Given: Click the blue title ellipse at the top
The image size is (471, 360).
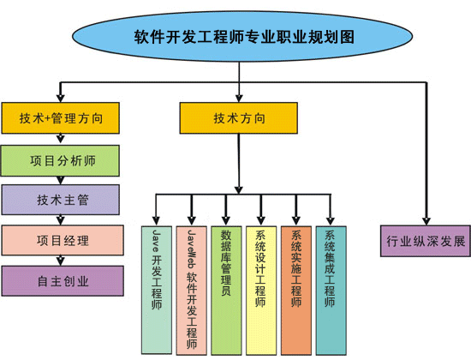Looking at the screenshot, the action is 242,36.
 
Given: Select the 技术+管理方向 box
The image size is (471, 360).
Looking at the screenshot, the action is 61,118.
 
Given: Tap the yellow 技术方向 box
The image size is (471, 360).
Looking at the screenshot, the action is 239,118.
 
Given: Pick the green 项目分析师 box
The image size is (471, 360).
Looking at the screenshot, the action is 60,160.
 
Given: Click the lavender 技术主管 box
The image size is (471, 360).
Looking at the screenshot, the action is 61,200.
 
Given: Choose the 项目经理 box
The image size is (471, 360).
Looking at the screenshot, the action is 63,240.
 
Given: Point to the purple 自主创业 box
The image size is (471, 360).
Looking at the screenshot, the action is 63,281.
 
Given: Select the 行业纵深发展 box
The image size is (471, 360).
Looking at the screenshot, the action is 426,241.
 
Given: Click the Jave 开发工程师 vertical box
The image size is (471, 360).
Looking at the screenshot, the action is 157,290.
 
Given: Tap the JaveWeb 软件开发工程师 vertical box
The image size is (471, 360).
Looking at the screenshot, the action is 192,291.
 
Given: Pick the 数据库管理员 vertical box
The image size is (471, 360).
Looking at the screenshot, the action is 226,291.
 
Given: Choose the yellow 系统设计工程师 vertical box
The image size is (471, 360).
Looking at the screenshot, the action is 261,291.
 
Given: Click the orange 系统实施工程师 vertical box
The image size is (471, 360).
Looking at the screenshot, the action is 296,291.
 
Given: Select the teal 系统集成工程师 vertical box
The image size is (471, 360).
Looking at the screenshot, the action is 331,291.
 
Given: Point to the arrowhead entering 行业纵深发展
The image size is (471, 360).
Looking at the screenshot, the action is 426,221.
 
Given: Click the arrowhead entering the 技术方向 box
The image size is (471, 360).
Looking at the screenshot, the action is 239,99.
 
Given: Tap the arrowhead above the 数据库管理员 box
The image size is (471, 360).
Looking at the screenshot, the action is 226,220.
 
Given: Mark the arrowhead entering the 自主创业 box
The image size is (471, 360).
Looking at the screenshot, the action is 61,261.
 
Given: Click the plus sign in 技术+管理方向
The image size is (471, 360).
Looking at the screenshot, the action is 47,118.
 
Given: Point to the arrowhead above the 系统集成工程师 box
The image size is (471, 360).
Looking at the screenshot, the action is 331,220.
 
